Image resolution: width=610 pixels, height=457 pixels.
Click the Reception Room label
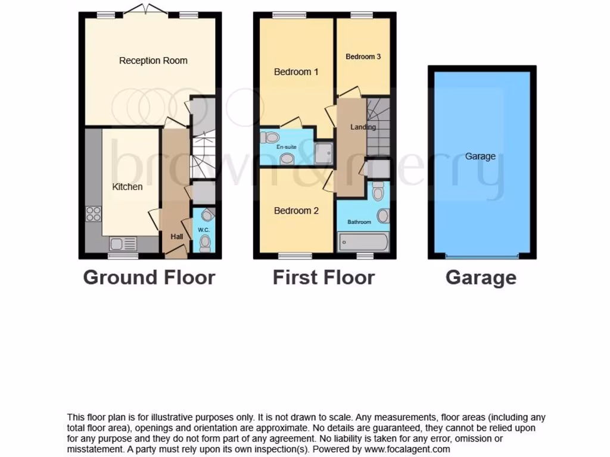coord(153,61)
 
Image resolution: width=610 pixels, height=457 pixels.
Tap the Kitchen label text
coord(127,187)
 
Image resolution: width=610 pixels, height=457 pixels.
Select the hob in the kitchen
coord(94,214)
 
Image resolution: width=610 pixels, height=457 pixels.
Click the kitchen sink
coord(123,243)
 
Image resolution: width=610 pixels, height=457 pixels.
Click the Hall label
coord(177,237)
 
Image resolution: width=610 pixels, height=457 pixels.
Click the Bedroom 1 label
coord(296,72)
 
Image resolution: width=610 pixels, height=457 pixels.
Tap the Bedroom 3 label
coord(363,57)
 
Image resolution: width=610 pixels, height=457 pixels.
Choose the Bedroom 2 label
coord(296,211)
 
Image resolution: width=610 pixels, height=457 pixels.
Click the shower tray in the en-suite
coord(325,153)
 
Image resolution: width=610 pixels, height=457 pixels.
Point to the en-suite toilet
coord(270,137)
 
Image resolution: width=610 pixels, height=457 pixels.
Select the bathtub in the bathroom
coord(363,242)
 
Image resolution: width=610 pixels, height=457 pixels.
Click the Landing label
coord(363,127)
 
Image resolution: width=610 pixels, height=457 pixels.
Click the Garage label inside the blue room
coord(480,156)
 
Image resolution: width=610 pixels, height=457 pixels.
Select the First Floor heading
coord(323,277)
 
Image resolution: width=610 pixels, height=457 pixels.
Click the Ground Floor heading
coord(149,277)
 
